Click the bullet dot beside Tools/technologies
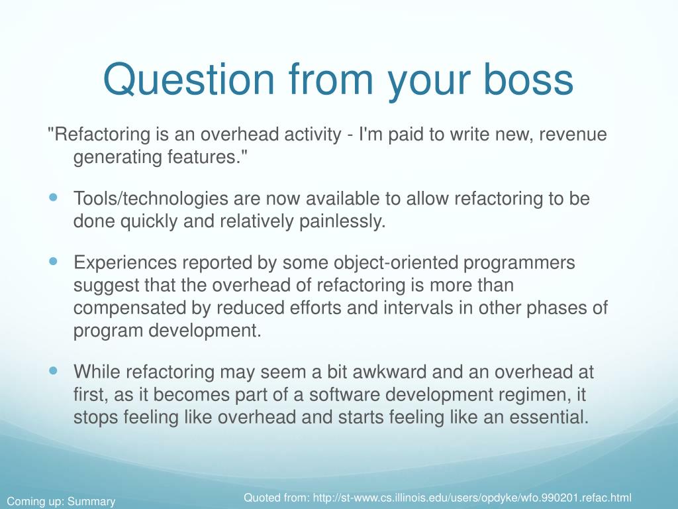(53, 198)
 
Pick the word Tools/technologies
(151, 199)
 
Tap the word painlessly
(342, 221)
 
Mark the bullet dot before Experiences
(53, 261)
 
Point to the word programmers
(519, 263)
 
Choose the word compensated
(130, 308)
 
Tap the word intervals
(418, 308)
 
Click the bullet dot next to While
(53, 370)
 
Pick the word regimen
(535, 395)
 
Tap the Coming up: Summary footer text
(62, 502)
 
